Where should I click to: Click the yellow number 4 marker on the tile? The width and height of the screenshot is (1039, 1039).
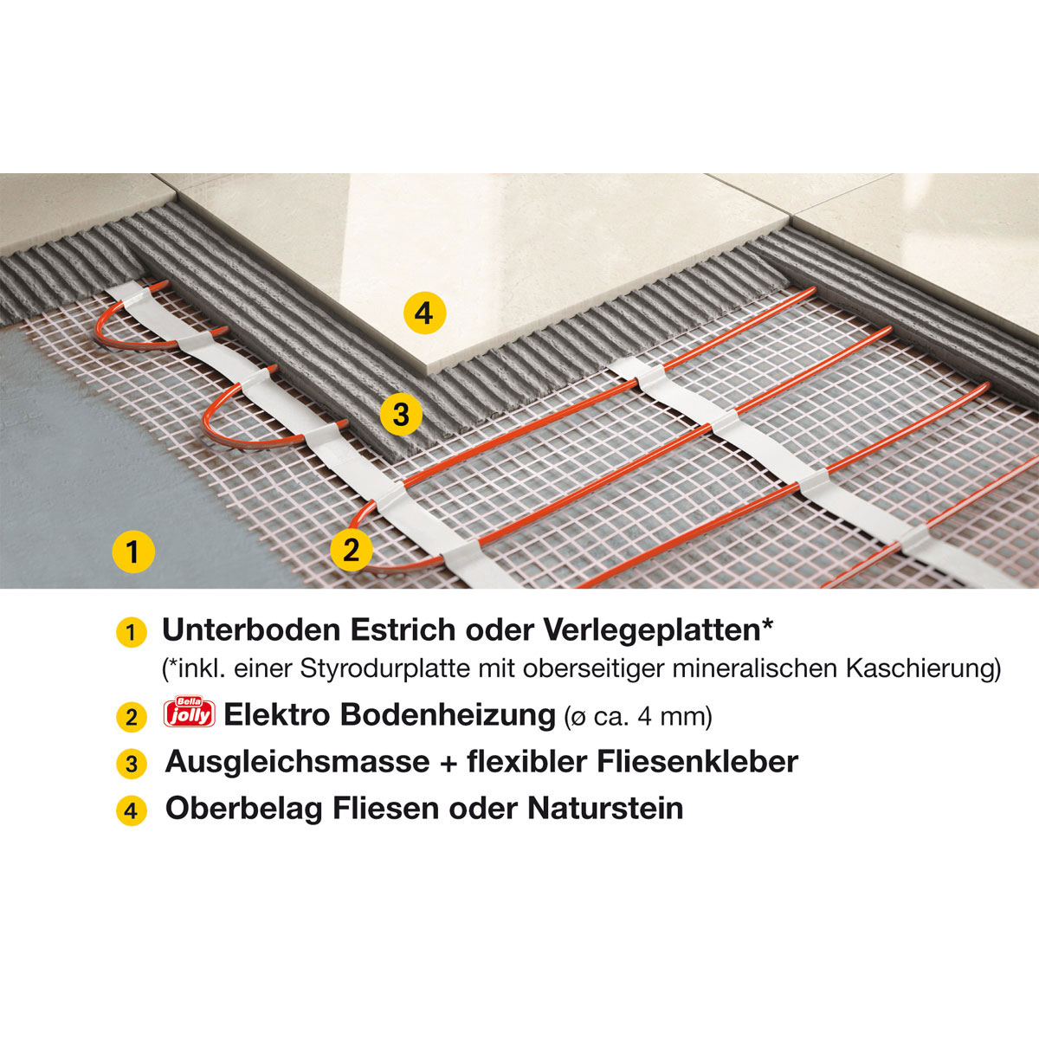423,313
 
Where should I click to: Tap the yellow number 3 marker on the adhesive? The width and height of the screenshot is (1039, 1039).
400,415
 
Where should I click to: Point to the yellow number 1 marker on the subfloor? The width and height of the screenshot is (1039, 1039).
132,551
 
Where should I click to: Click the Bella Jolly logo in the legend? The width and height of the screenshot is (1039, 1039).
189,715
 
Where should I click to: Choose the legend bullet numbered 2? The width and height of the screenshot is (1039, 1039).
131,718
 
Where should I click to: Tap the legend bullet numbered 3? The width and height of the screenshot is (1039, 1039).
131,765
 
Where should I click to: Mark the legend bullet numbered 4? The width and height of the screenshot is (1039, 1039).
131,811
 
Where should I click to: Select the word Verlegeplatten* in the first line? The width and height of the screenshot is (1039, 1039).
658,630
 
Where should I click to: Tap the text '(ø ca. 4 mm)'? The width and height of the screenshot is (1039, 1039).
637,717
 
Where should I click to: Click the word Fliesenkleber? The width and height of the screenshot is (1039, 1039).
697,762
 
